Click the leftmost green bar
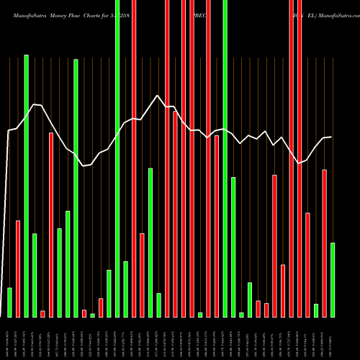tap(9, 302)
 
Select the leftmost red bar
tap(18, 269)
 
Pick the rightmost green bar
tap(333, 280)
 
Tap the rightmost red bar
tap(324, 243)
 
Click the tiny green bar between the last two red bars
tap(316, 310)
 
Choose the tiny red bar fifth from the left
tap(42, 313)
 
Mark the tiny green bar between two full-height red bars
tap(200, 315)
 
